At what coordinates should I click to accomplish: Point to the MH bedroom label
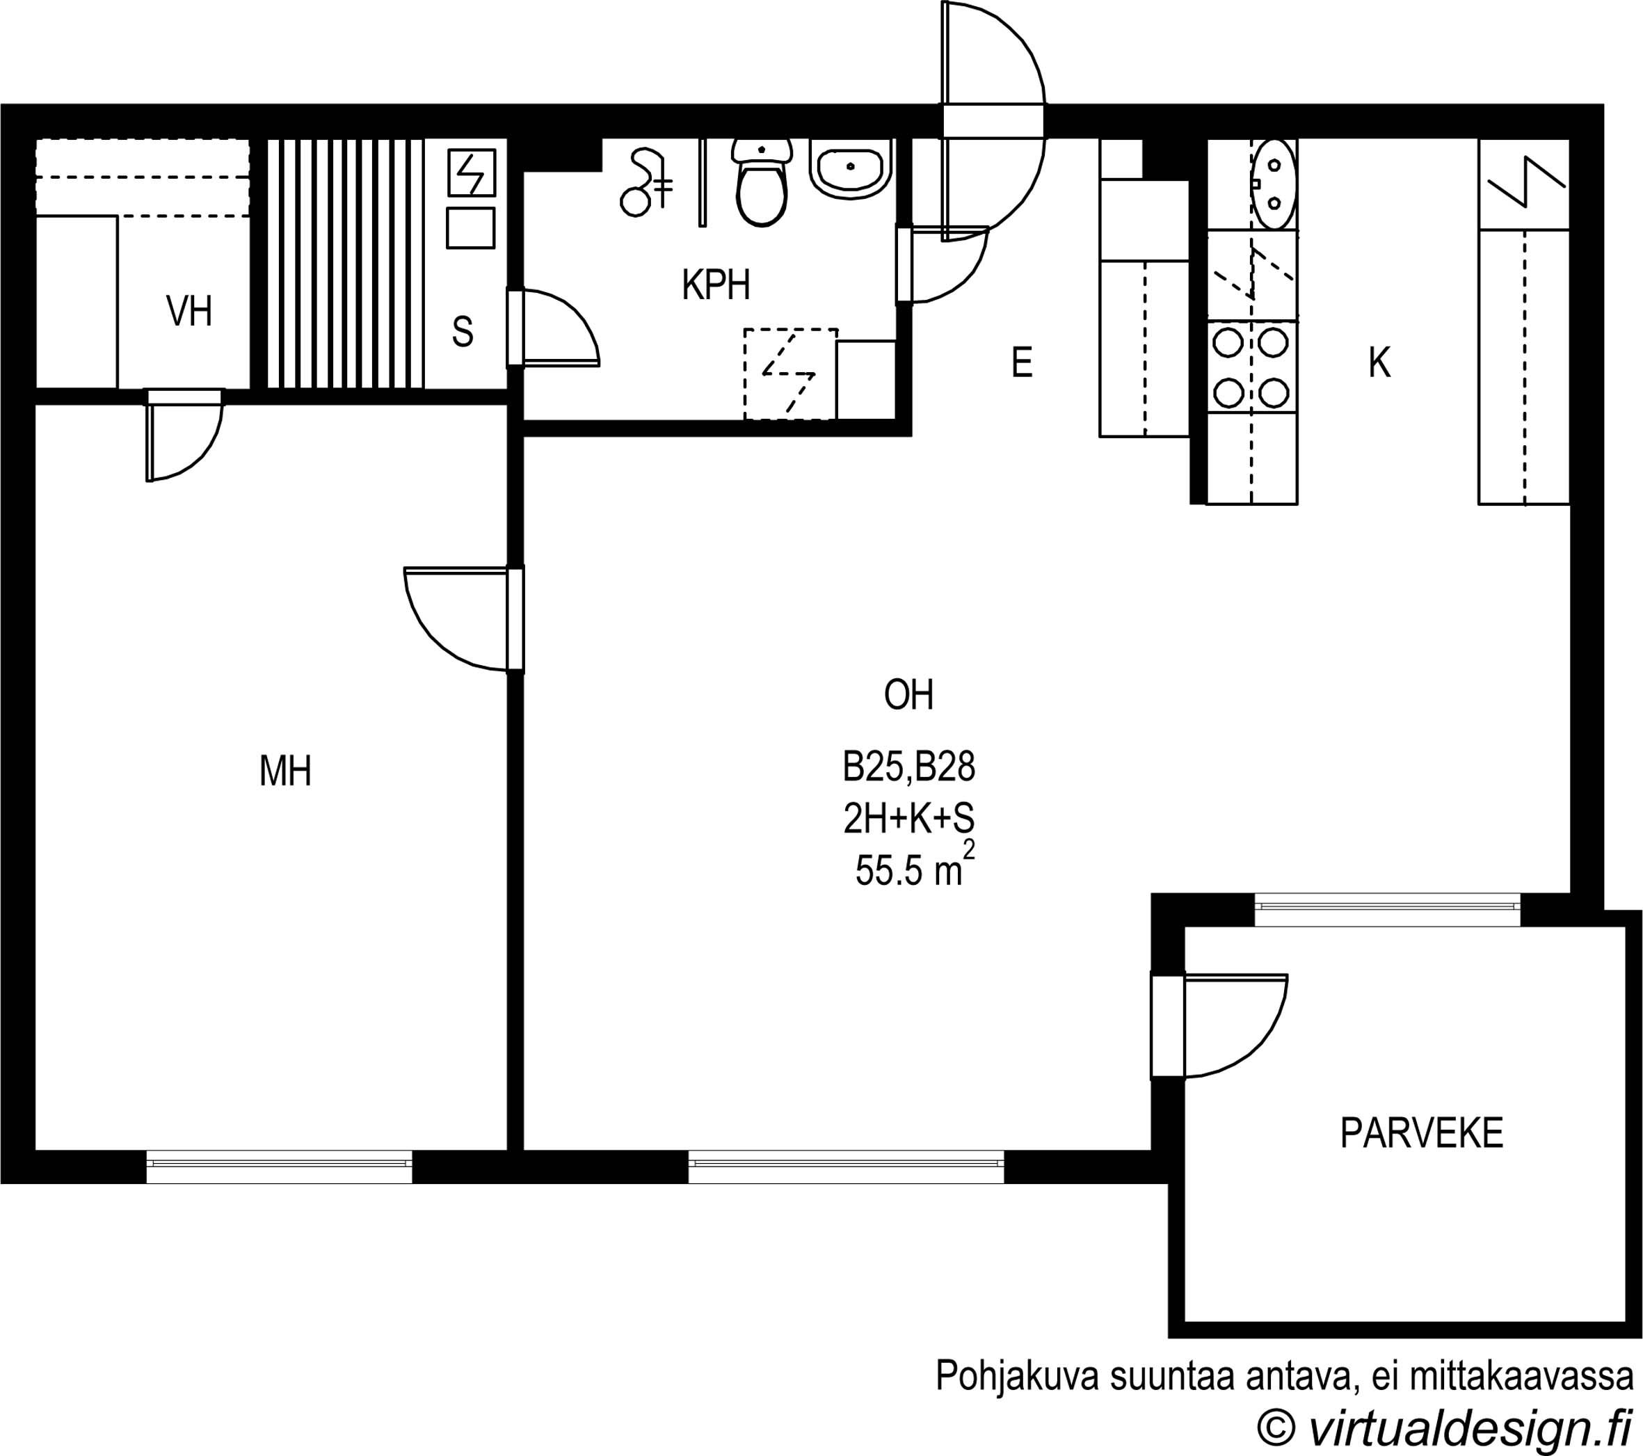click(x=285, y=771)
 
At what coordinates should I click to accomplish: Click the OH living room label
click(x=908, y=696)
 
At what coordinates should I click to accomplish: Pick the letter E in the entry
click(x=1022, y=362)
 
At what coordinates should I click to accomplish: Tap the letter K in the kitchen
click(x=1379, y=362)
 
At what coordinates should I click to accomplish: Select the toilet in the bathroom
click(x=761, y=182)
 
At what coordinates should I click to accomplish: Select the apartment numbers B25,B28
click(x=908, y=769)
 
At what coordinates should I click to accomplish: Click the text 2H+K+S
click(x=908, y=819)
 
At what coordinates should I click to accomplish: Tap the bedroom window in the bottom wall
click(x=279, y=1167)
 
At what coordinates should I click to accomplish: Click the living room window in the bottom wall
click(x=846, y=1167)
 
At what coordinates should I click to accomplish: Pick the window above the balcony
click(x=1388, y=909)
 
